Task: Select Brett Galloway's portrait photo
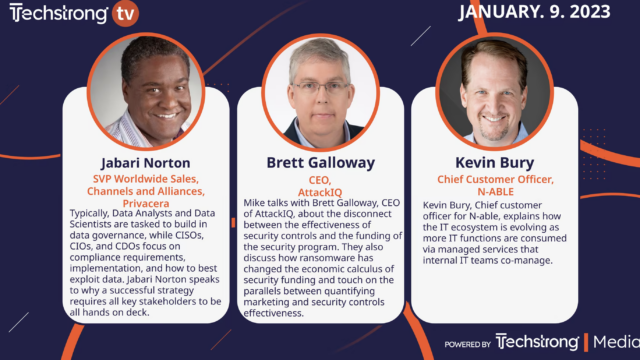point(320,92)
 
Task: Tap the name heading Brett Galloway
point(320,162)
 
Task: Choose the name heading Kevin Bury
point(496,162)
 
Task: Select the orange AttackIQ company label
point(320,190)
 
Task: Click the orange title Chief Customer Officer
point(496,180)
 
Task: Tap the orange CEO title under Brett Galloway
point(320,178)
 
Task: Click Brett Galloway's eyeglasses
point(319,87)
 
